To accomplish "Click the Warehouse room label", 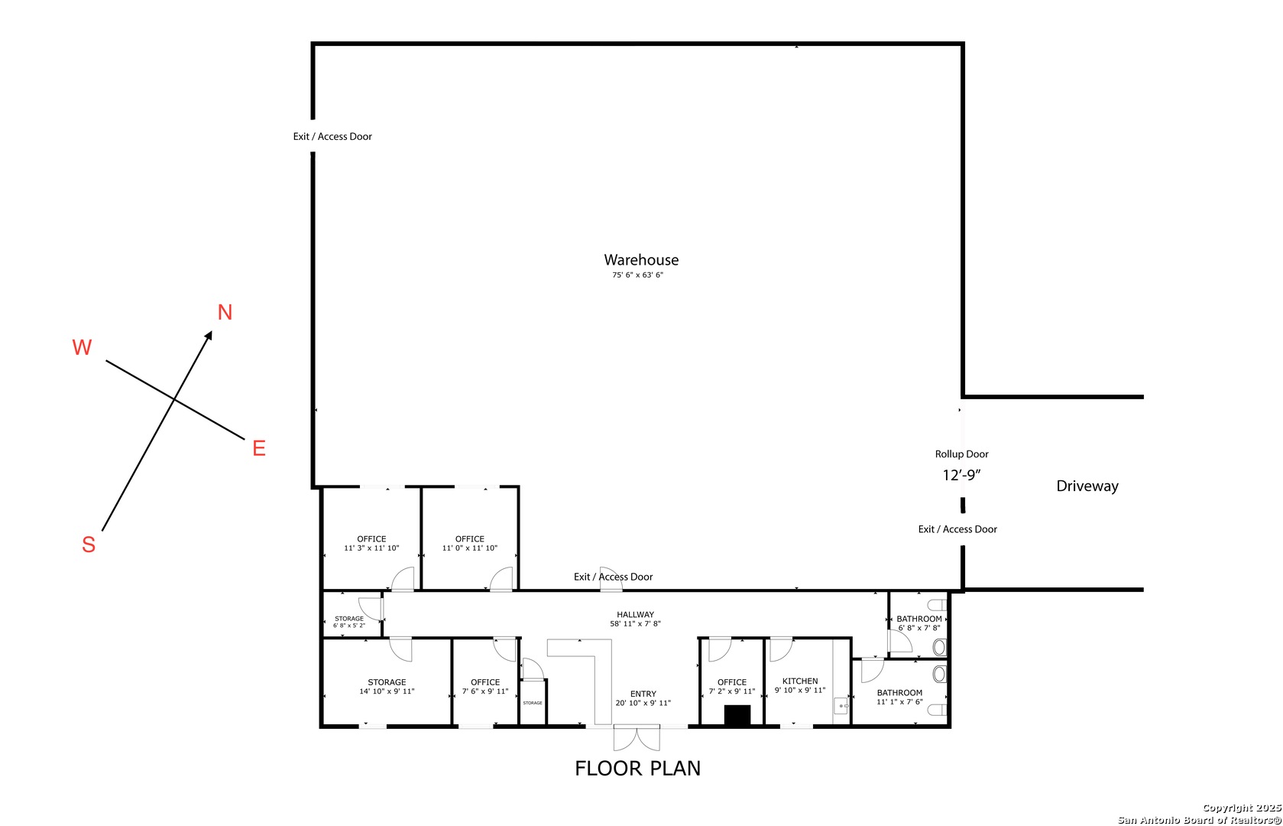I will (x=641, y=261).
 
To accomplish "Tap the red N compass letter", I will (x=225, y=312).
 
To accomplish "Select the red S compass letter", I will (x=89, y=545).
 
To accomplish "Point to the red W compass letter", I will (x=82, y=347).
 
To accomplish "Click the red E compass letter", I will (x=259, y=448).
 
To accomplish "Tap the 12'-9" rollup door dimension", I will (x=961, y=475).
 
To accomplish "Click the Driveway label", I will (x=1087, y=486).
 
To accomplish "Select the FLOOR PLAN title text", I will (x=637, y=768).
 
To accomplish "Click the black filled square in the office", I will (x=737, y=715).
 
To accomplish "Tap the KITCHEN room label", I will (x=800, y=681).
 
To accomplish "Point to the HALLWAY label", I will (x=635, y=614).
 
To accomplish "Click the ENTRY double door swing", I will (x=636, y=738).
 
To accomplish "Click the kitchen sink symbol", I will (x=841, y=706).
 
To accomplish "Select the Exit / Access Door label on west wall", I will (x=332, y=137).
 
